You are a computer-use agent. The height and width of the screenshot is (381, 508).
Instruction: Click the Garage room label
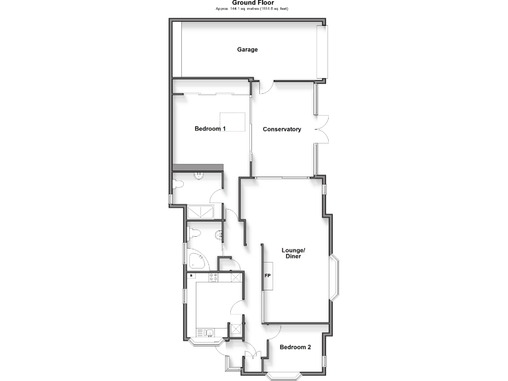247,50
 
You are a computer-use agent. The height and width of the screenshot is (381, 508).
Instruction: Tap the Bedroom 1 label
209,128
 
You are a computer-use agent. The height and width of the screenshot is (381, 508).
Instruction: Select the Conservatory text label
282,129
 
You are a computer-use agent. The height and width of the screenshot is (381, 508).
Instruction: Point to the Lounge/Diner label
293,253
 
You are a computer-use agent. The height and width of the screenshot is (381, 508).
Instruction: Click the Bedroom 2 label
295,347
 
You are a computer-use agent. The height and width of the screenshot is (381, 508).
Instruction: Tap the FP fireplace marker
268,275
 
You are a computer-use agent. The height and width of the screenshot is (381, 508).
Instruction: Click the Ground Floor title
253,3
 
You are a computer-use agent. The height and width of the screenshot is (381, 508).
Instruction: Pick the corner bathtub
196,260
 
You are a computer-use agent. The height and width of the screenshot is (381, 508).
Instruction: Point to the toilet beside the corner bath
192,232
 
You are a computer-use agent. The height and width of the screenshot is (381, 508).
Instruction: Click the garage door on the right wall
322,52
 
